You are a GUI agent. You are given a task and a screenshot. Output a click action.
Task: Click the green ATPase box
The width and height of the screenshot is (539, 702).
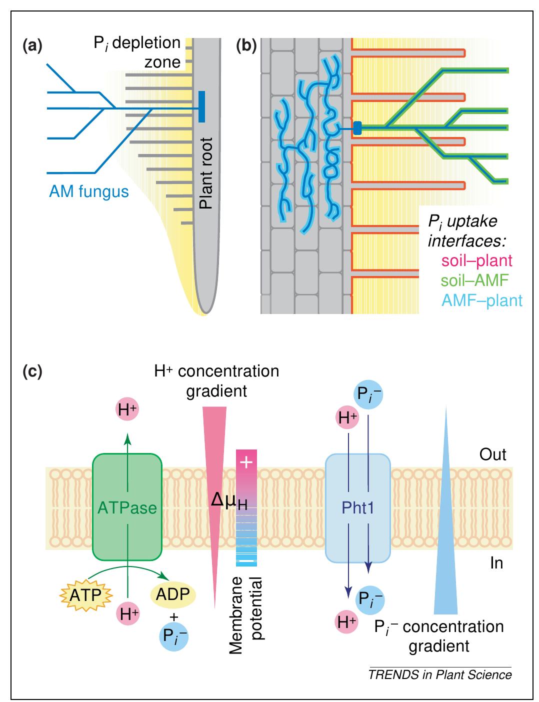(x=127, y=507)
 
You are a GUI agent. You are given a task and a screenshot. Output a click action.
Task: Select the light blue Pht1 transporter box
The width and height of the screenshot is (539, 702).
(x=357, y=507)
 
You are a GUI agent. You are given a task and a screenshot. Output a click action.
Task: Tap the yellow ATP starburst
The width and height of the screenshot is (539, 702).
(x=85, y=595)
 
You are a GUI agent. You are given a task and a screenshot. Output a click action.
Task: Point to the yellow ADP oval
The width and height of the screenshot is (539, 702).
(x=173, y=594)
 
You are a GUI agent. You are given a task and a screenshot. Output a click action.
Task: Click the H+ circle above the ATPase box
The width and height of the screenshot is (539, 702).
(x=127, y=410)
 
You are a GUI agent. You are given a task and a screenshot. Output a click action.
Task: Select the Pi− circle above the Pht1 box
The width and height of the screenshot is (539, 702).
(x=368, y=394)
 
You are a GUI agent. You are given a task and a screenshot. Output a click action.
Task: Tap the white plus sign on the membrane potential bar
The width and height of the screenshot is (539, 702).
(x=246, y=462)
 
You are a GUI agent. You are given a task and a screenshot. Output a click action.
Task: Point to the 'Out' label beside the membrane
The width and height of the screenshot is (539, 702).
(x=492, y=454)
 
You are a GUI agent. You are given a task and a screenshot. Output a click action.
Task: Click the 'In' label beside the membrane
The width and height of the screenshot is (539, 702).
(x=496, y=563)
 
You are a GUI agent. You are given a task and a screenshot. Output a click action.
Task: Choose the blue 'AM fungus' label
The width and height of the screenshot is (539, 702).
(x=88, y=191)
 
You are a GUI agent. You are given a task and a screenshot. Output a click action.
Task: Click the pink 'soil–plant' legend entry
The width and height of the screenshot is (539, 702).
(x=476, y=260)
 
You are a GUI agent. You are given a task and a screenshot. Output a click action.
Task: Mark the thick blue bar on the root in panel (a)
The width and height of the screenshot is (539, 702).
(x=201, y=106)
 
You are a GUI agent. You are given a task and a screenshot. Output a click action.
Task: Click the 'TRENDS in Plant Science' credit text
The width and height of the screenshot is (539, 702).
(x=440, y=674)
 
